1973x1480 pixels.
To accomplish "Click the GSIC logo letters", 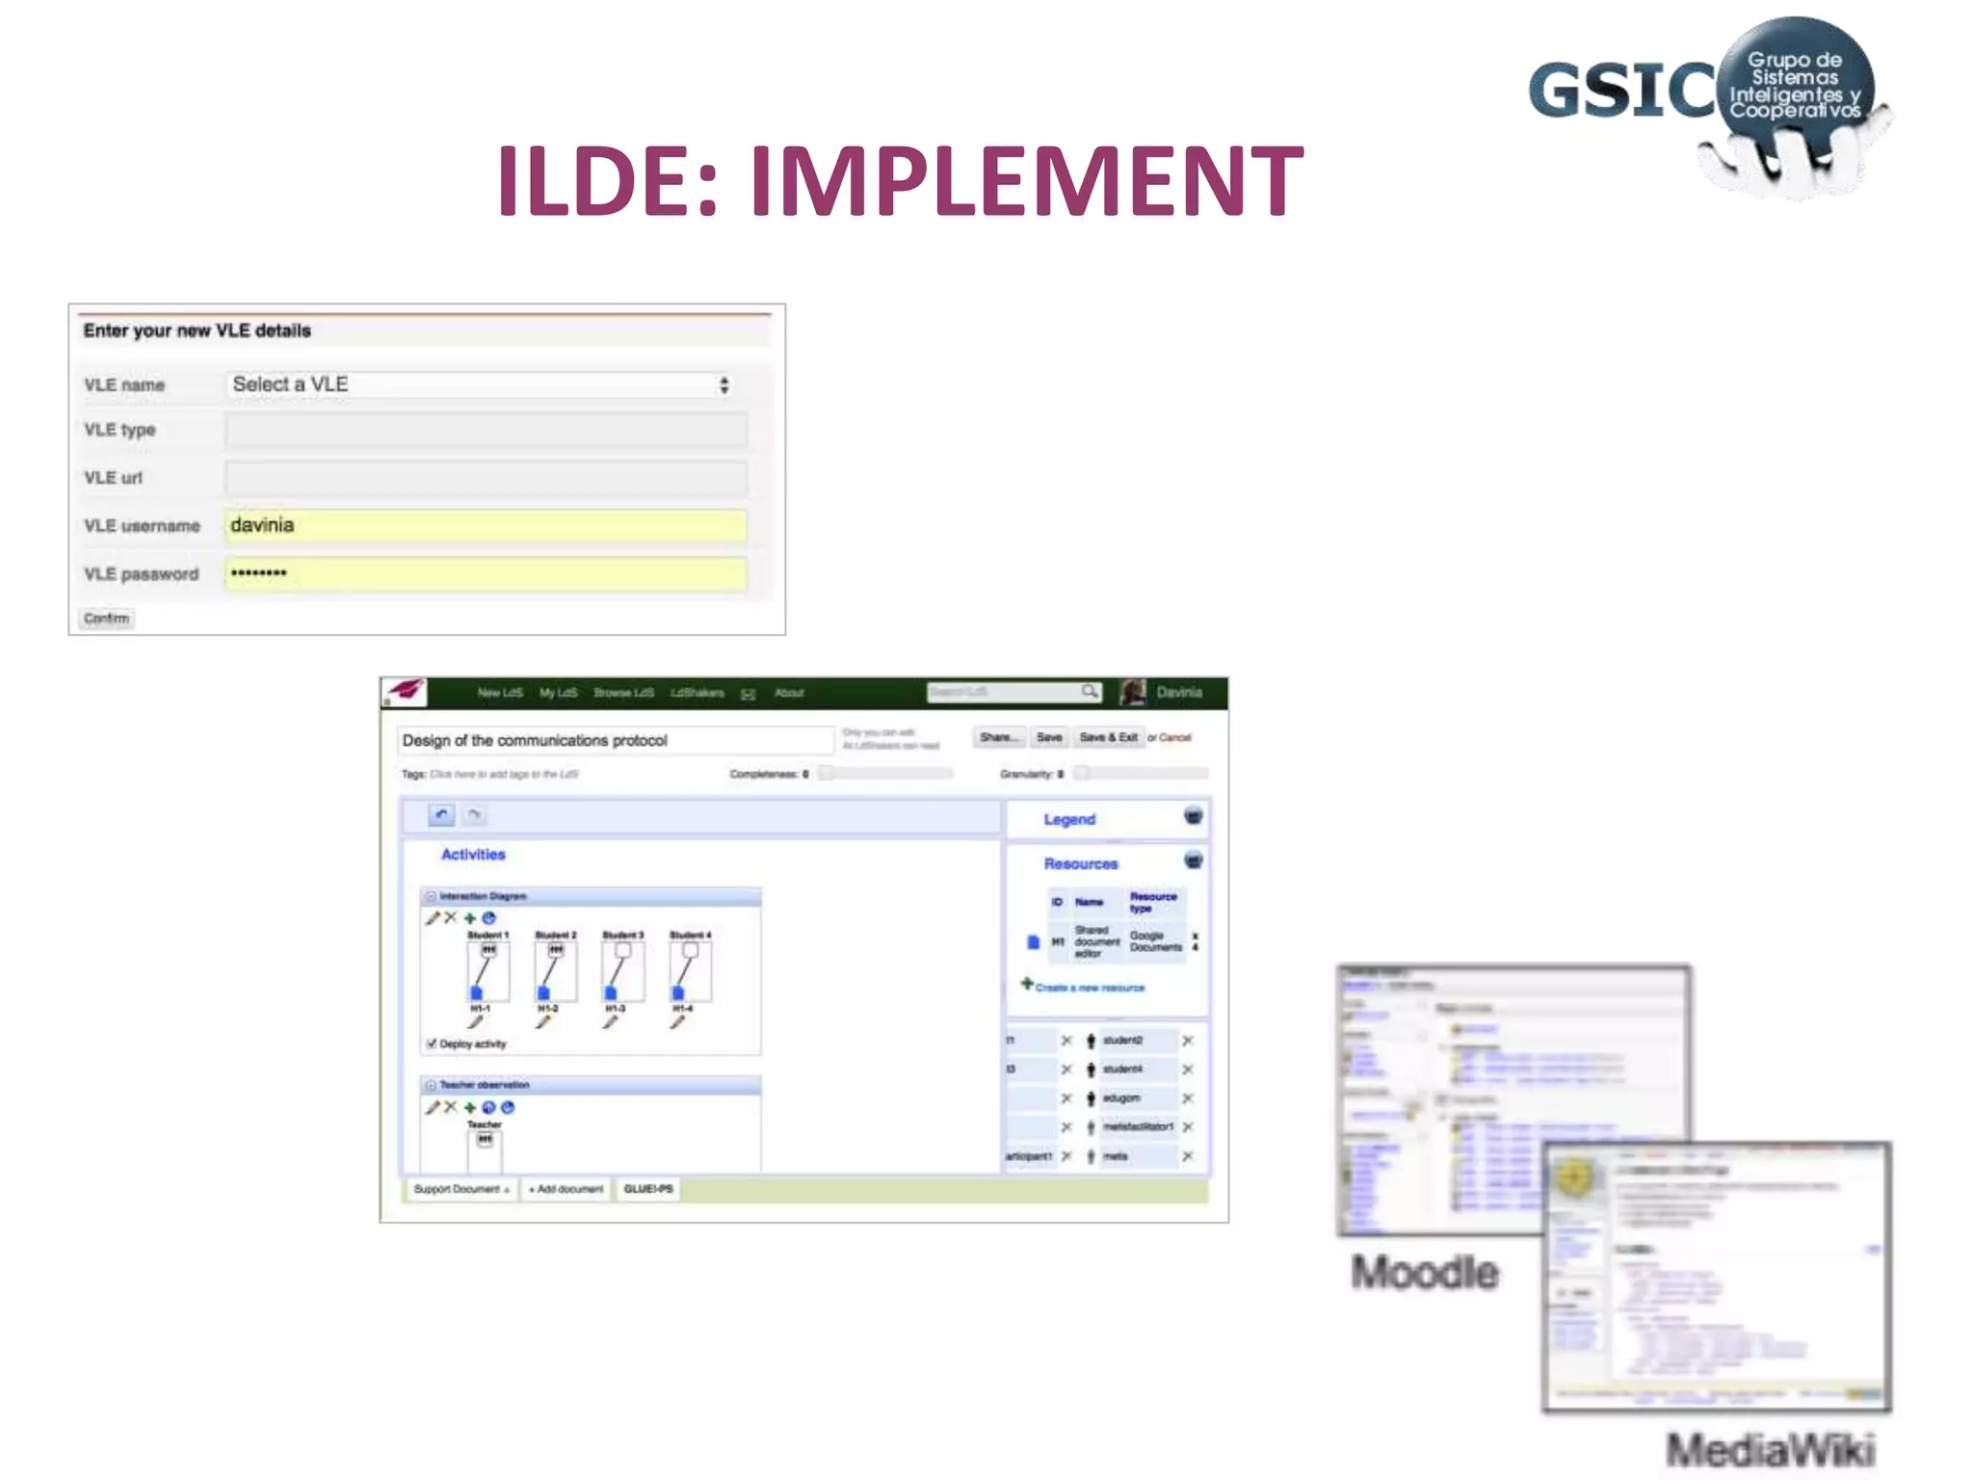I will [x=1620, y=91].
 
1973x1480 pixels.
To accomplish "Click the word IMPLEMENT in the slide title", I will [x=1027, y=181].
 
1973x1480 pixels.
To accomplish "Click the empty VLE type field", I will [x=487, y=430].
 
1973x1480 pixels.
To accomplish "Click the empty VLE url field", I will [x=487, y=478].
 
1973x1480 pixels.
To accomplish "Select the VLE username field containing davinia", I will [x=487, y=525].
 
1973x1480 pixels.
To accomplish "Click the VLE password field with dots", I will [x=487, y=573].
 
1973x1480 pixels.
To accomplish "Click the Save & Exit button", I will [x=1108, y=738].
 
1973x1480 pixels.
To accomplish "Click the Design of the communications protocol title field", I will [x=615, y=741].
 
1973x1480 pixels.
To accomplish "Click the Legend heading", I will [x=1069, y=820].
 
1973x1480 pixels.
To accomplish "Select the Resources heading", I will [x=1081, y=864].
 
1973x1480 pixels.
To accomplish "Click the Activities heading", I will [x=473, y=855].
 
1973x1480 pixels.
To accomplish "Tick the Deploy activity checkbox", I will [x=432, y=1044].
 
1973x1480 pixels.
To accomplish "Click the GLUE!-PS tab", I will [x=648, y=1189].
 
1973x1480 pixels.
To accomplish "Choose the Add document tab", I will [x=566, y=1189].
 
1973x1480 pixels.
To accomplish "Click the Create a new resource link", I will [x=1090, y=988].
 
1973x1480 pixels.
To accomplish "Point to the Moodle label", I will [x=1425, y=1273].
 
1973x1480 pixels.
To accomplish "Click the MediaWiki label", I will [x=1771, y=1449].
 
